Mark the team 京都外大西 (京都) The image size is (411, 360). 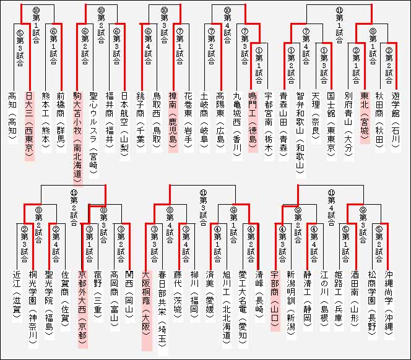pos(82,306)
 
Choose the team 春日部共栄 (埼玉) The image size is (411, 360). pos(163,306)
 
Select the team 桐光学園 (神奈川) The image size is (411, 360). pos(34,306)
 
